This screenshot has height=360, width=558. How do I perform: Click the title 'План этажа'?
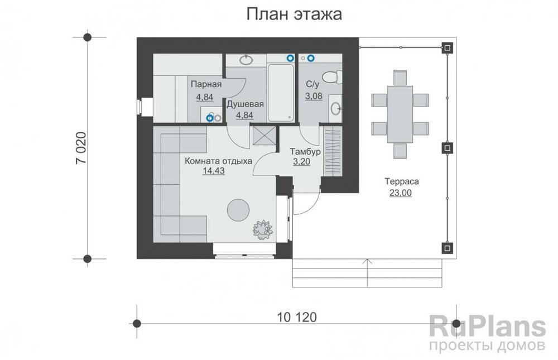(x=294, y=15)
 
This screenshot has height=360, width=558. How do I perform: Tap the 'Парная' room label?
(x=206, y=84)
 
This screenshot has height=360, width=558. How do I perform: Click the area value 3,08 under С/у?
(x=314, y=96)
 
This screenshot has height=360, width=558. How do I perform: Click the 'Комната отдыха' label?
(x=218, y=161)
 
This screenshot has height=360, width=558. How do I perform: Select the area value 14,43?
(x=215, y=171)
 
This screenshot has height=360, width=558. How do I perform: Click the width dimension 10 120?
(x=296, y=318)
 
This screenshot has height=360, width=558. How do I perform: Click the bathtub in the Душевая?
(x=281, y=93)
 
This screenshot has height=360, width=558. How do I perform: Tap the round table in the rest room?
(x=238, y=209)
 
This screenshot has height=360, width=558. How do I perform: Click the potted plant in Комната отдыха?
(x=261, y=228)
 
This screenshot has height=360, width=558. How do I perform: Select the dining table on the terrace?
(x=400, y=114)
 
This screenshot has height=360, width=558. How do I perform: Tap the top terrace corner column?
(x=446, y=48)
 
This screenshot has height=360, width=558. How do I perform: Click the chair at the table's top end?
(x=400, y=76)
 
